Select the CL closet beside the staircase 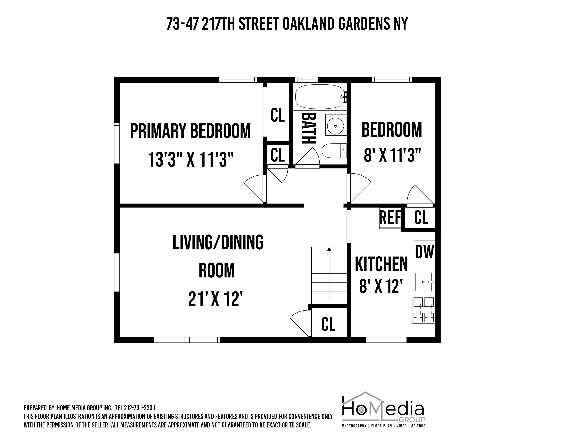coord(328,324)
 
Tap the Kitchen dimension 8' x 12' coord(381,286)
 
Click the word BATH coord(309,128)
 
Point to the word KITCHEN coord(381,264)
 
